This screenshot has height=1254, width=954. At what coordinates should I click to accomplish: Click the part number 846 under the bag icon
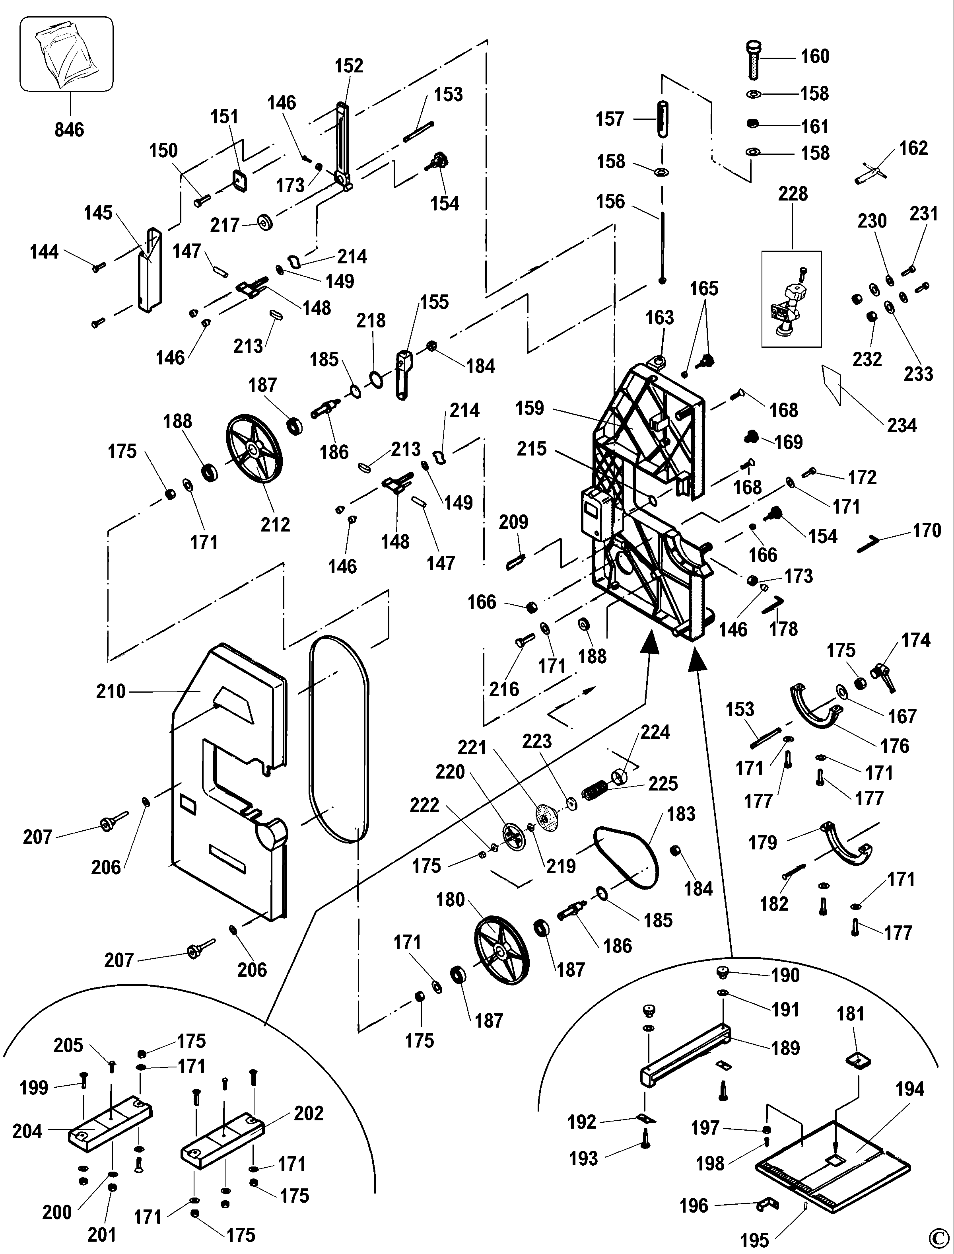pyautogui.click(x=69, y=130)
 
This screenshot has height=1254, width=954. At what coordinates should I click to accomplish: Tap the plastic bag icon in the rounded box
pyautogui.click(x=66, y=55)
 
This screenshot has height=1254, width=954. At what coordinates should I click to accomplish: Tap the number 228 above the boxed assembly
pyautogui.click(x=793, y=194)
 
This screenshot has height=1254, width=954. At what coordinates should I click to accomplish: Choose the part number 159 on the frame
pyautogui.click(x=529, y=408)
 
